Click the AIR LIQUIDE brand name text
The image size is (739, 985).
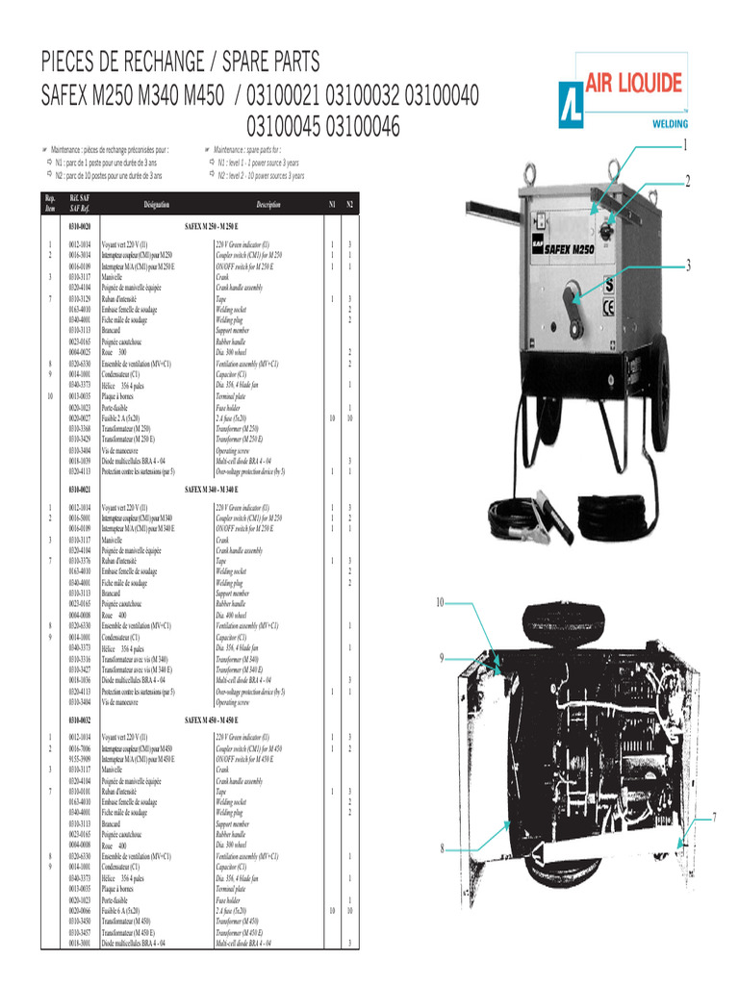pos(634,85)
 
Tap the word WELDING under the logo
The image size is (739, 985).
pos(671,124)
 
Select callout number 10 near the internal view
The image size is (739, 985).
pos(440,603)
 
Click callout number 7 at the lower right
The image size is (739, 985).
pos(715,817)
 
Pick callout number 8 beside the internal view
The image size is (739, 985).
pos(442,847)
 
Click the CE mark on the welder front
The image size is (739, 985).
pos(609,309)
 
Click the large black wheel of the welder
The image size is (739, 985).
pos(660,395)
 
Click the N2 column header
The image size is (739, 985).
pos(350,205)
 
